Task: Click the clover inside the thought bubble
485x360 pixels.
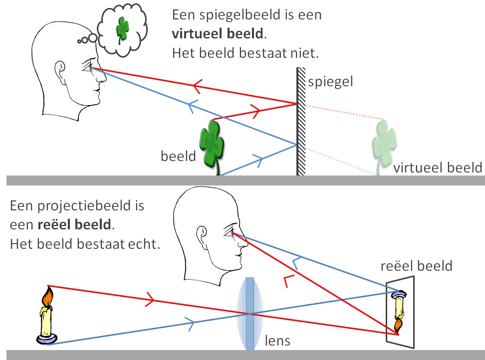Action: (122, 28)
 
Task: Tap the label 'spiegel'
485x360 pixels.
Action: (330, 82)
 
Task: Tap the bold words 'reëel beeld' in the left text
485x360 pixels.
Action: (75, 225)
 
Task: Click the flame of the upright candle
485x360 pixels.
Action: (48, 297)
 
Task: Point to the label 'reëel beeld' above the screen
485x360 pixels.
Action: (416, 265)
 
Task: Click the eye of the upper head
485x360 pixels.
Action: (91, 68)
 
